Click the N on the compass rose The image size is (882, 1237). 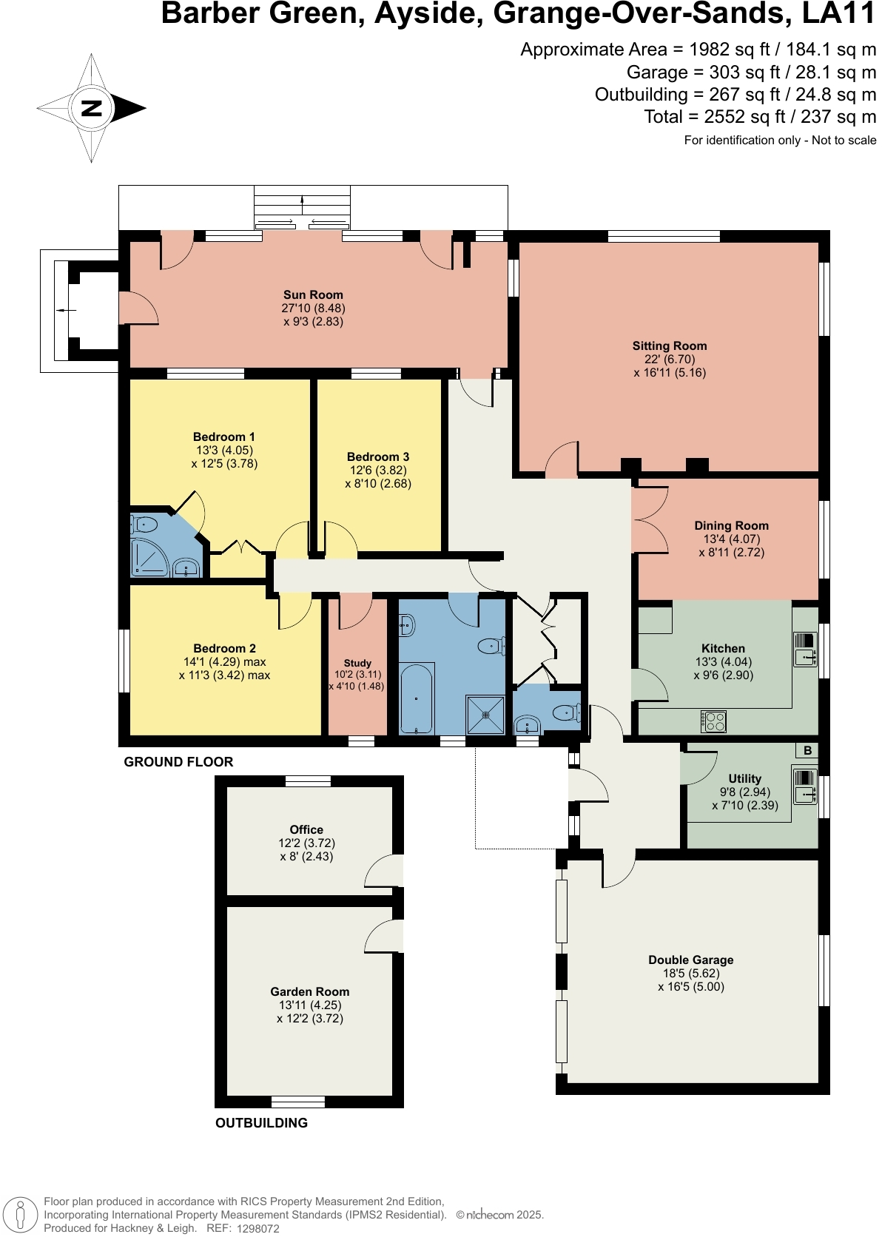click(91, 108)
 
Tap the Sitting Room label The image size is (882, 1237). click(669, 346)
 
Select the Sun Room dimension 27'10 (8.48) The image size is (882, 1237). click(313, 308)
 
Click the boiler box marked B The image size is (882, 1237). click(807, 750)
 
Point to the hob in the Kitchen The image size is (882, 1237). click(713, 721)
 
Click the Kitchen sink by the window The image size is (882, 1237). click(804, 650)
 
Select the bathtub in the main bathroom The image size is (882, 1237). click(417, 698)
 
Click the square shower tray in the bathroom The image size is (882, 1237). click(485, 715)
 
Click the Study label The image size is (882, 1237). click(357, 663)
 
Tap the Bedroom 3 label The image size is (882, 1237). click(377, 456)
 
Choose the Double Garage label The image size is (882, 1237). click(690, 960)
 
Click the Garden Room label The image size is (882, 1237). click(309, 991)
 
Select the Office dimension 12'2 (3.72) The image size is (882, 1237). click(306, 843)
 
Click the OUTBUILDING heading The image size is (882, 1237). click(261, 1122)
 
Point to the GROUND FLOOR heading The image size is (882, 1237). click(178, 761)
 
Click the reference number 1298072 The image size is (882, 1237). click(257, 1228)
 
